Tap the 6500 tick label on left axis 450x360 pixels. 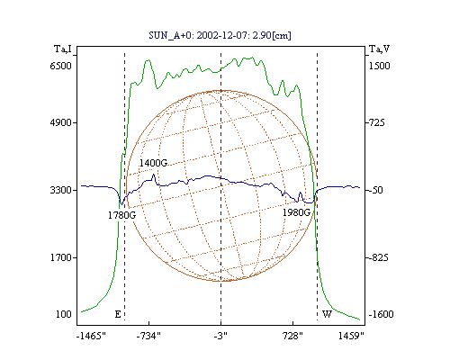point(61,66)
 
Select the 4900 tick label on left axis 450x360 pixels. point(61,122)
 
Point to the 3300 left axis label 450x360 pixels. point(61,190)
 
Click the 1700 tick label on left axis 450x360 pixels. point(61,257)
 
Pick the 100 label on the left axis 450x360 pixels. point(64,314)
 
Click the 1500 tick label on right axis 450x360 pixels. point(379,66)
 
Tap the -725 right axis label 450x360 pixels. point(375,122)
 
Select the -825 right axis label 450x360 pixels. point(377,257)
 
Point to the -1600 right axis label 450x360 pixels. point(381,314)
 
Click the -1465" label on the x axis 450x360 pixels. point(91,336)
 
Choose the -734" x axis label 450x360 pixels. point(148,336)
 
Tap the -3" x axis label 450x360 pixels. point(220,336)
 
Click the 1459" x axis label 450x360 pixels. point(351,336)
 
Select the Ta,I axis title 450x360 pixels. point(63,49)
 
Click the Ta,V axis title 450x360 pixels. point(379,49)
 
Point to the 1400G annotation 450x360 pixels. point(153,163)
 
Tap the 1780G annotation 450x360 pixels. point(121,215)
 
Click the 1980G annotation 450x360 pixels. point(296,212)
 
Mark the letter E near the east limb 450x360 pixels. point(118,314)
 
